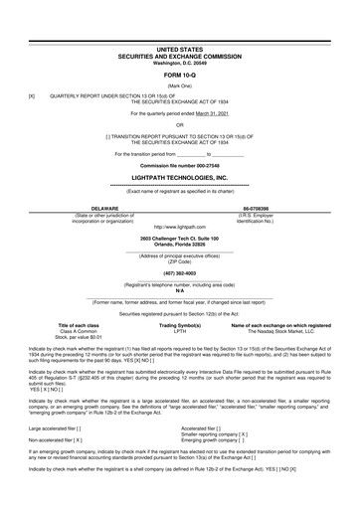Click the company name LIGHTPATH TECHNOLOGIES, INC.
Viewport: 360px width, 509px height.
click(180, 174)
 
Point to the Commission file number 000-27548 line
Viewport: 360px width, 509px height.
click(180, 163)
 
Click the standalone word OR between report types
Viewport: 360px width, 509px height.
click(180, 125)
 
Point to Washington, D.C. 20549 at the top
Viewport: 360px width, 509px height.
click(180, 64)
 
